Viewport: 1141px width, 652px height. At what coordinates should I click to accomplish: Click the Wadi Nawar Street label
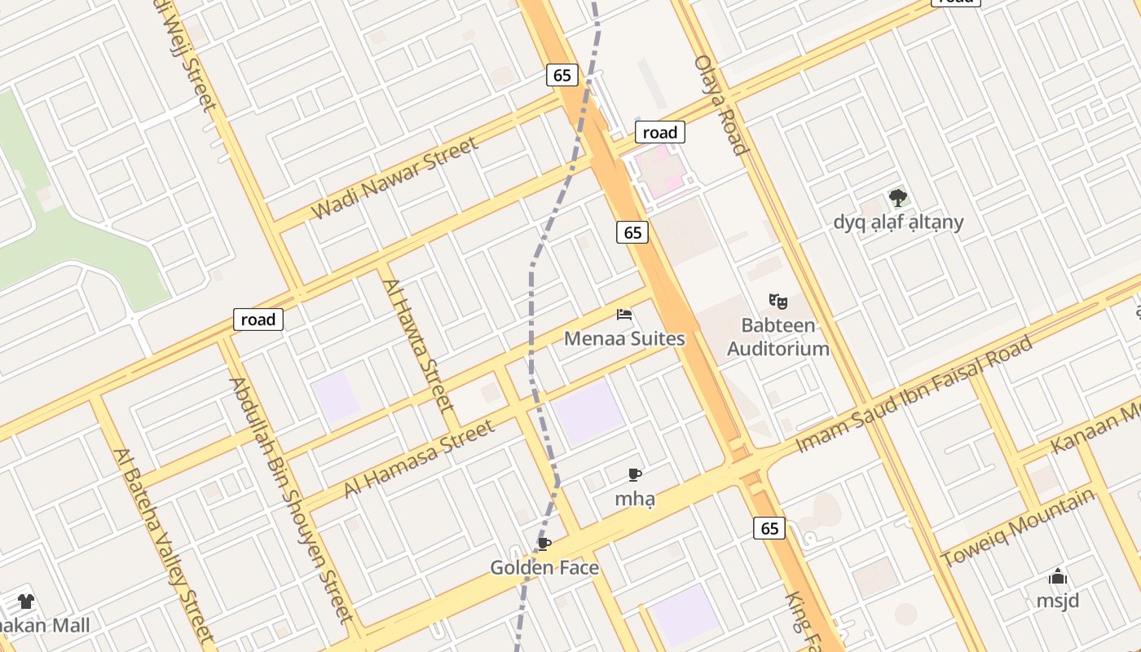[394, 178]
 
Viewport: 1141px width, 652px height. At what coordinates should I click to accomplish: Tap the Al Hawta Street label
[417, 344]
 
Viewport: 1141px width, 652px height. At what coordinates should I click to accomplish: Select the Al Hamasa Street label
[419, 458]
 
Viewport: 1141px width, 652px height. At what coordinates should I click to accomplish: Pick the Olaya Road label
[720, 104]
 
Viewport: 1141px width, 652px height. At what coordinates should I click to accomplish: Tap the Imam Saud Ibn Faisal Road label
[914, 393]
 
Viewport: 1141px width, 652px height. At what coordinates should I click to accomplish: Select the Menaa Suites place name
[624, 338]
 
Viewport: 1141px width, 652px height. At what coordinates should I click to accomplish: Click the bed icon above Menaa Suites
[624, 315]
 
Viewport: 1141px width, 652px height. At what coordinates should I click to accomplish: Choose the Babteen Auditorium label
[778, 337]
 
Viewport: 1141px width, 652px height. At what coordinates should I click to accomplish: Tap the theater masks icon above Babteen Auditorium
[778, 302]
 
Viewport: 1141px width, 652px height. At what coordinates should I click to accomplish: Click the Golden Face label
[544, 567]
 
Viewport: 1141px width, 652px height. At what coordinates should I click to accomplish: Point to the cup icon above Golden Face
[544, 544]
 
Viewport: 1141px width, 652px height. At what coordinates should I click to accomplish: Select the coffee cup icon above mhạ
[635, 474]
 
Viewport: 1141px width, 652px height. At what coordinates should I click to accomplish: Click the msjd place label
[1058, 601]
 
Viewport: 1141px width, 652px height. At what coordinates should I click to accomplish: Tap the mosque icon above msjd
[1058, 577]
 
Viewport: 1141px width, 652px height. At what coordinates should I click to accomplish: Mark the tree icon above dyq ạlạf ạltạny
[898, 198]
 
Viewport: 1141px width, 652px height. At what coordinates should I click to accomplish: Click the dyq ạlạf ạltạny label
[898, 222]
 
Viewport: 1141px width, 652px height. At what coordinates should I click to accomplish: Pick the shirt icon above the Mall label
[26, 601]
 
